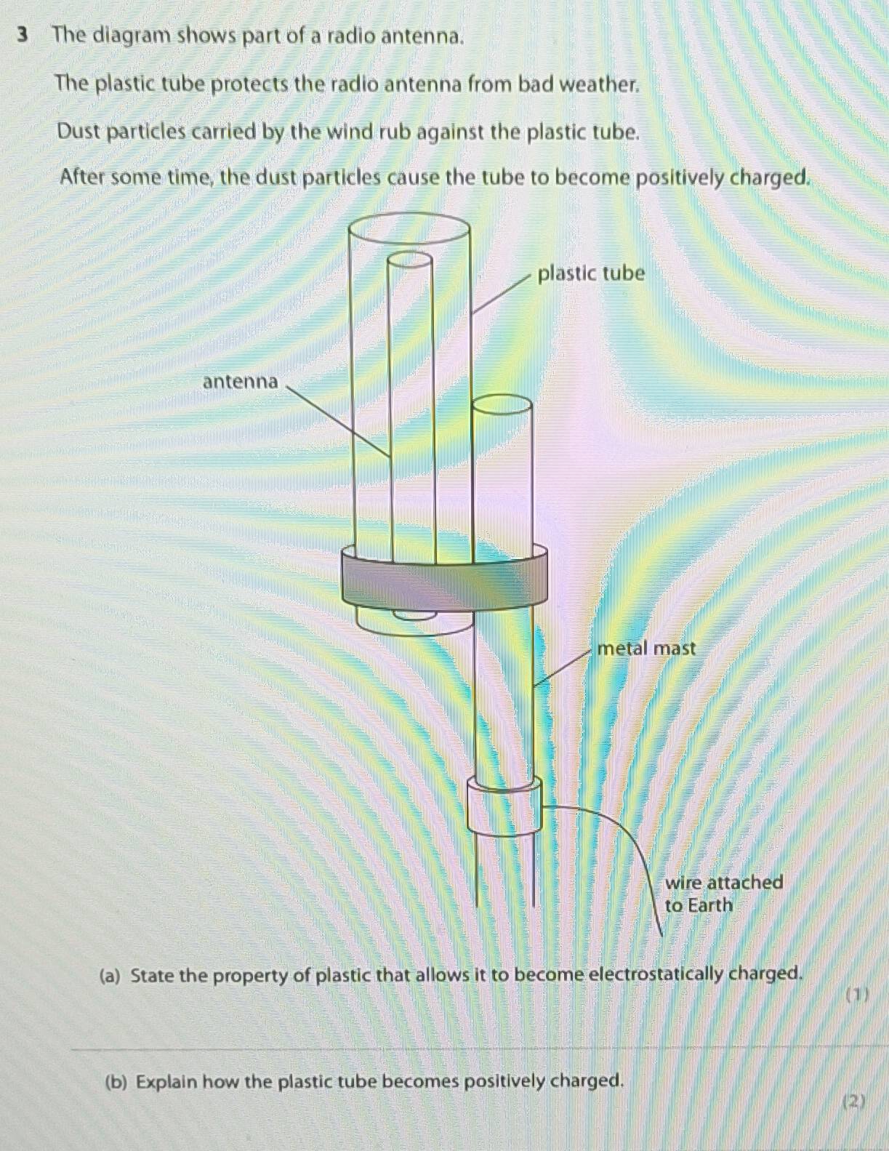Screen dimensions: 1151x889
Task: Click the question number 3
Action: tap(24, 35)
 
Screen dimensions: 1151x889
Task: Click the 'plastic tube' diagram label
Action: tap(590, 274)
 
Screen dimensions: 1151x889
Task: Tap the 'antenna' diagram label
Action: tap(240, 382)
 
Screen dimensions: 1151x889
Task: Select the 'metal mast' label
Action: tap(645, 648)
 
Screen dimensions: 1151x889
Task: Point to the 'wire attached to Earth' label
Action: tap(723, 894)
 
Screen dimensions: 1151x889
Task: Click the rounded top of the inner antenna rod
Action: tap(410, 260)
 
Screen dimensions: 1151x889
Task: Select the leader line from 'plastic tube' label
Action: tap(502, 294)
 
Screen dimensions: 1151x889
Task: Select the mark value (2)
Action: tap(853, 1102)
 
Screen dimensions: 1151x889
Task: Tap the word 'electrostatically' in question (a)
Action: tap(656, 974)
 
